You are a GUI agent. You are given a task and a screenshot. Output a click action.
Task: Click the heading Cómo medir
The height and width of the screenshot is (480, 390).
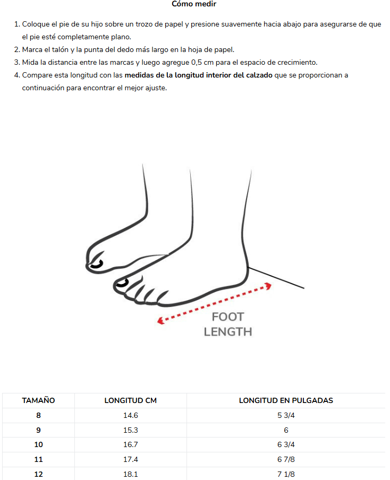pos(194,4)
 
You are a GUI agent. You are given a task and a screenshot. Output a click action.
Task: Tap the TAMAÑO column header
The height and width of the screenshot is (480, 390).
pos(38,400)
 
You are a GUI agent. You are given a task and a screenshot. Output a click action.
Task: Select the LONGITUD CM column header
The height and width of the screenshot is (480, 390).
pos(131,400)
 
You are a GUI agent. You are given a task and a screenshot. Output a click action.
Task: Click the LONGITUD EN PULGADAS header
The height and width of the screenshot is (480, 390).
pos(286,400)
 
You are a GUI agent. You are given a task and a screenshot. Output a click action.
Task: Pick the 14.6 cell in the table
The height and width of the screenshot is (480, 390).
pos(131,415)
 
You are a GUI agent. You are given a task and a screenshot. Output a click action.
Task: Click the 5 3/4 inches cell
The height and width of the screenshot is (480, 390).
pos(286,415)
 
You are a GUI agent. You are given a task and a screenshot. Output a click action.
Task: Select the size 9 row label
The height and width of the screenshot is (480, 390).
pos(38,430)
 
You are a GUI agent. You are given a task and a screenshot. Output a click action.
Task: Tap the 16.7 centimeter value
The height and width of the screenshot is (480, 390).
pos(131,444)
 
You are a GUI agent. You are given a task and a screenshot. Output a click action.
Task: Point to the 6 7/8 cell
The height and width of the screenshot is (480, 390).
pos(286,459)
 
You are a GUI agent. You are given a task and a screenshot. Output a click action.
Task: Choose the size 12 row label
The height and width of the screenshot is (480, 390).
pos(38,474)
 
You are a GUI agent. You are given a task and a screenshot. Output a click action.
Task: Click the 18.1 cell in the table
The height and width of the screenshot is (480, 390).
pos(131,474)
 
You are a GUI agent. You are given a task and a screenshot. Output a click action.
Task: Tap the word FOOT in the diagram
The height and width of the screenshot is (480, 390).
pos(228,317)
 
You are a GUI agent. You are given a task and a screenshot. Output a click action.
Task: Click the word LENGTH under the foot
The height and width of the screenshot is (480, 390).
pos(228,332)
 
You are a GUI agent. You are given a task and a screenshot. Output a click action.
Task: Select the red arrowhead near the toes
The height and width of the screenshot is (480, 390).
pos(161,321)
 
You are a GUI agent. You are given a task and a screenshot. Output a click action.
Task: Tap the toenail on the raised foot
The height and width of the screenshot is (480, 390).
pos(97,264)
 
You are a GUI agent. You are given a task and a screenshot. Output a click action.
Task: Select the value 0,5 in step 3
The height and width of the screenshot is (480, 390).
pos(197,63)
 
